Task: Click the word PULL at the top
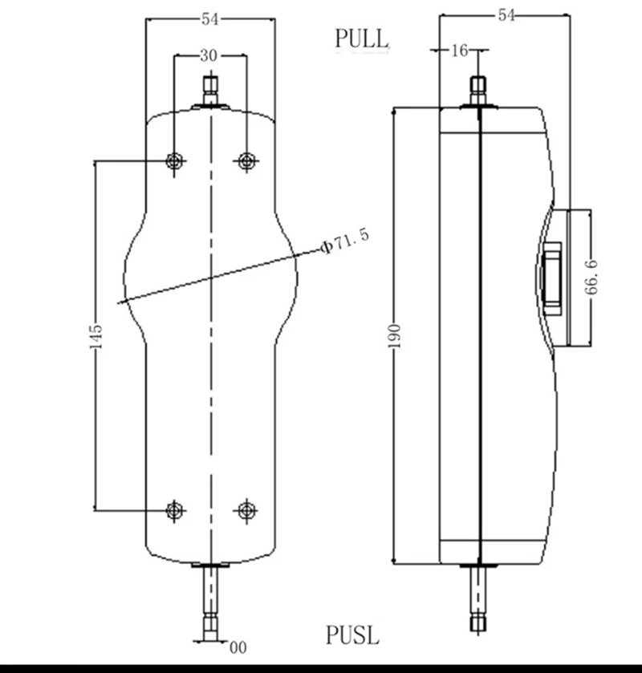coord(361,38)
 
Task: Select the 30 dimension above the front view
coord(209,55)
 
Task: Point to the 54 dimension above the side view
coord(506,14)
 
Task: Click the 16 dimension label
coord(459,51)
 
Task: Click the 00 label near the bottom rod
coord(238,647)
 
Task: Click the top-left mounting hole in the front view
coord(175,161)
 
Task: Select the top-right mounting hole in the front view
coord(247,161)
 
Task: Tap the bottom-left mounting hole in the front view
coord(175,509)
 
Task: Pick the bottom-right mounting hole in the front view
coord(247,509)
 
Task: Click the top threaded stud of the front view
coord(211,89)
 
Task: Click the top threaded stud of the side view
coord(478,91)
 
